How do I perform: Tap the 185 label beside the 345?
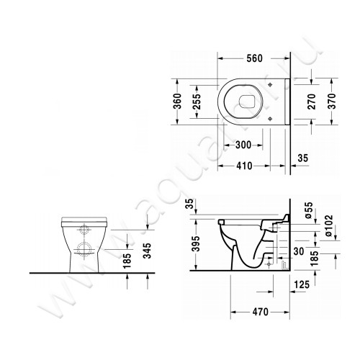pyautogui.click(x=128, y=256)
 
